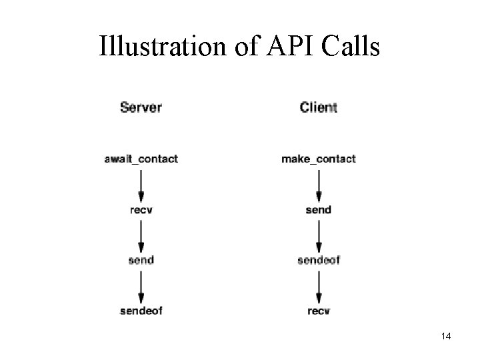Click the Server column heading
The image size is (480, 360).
click(141, 107)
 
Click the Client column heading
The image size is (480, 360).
click(319, 107)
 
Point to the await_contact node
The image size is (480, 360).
click(141, 159)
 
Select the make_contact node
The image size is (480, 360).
click(319, 159)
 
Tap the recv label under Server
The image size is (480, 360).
click(141, 210)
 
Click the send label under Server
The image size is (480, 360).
click(141, 259)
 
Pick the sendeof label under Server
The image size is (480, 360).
click(141, 310)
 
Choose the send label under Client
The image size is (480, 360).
click(319, 210)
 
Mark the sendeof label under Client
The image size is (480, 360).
click(319, 259)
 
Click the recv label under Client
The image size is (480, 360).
click(319, 310)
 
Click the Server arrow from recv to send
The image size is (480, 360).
click(141, 235)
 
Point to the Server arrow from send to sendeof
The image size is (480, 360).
click(141, 285)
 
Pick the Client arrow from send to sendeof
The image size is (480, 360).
click(319, 235)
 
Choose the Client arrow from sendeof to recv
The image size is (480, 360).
click(319, 285)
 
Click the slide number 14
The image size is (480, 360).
click(446, 337)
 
